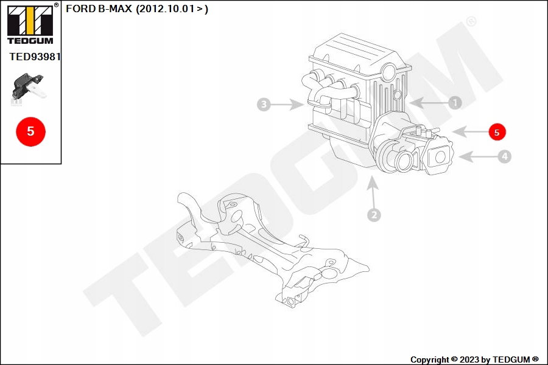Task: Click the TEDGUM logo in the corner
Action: (31, 24)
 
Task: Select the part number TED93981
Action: (35, 57)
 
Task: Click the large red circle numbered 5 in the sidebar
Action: (31, 131)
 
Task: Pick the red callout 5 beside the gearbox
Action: (497, 132)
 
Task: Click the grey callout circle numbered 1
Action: (455, 103)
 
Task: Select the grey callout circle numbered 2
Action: (374, 215)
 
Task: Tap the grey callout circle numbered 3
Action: (264, 104)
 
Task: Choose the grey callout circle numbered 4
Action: (504, 156)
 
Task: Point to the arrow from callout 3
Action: (287, 104)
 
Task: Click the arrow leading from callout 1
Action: (429, 103)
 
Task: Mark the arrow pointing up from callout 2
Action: (373, 192)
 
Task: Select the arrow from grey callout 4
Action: (478, 157)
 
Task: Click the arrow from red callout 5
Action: (469, 132)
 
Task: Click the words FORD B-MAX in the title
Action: (99, 9)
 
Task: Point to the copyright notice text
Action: (474, 360)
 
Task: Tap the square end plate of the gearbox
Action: (438, 156)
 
